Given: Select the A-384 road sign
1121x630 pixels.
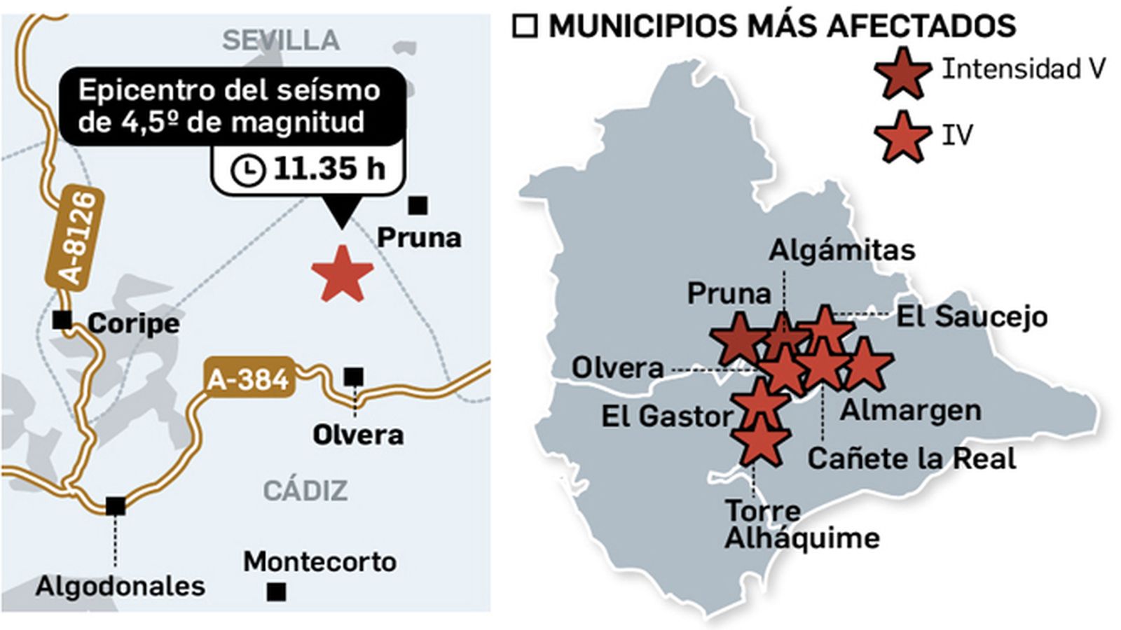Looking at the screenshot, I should (x=248, y=379).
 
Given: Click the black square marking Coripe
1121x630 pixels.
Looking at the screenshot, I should (x=62, y=320).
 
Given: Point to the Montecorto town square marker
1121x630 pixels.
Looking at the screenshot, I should (x=277, y=592).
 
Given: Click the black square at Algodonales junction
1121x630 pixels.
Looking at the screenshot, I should (x=116, y=505).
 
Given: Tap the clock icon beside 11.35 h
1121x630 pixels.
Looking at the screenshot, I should (x=248, y=170).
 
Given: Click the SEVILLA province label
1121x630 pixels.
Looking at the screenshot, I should (x=281, y=41).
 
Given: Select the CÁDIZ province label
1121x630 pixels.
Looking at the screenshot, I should (x=305, y=491).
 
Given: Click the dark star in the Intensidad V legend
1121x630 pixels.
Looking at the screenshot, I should (x=902, y=73).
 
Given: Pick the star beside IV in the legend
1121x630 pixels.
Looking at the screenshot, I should (x=902, y=137).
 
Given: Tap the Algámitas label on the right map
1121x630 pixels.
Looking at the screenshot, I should (x=842, y=250).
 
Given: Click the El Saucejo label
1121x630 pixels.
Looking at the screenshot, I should (x=972, y=316).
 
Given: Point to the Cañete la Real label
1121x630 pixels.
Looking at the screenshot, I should (x=912, y=458).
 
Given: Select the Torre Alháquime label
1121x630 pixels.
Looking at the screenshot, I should (x=802, y=524).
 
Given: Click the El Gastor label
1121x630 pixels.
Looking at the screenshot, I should (x=666, y=416).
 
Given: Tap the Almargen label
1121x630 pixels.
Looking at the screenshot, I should (x=910, y=410).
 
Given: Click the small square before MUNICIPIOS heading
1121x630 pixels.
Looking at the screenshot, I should (x=525, y=27).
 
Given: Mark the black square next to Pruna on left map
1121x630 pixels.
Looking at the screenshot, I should (x=418, y=206).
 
